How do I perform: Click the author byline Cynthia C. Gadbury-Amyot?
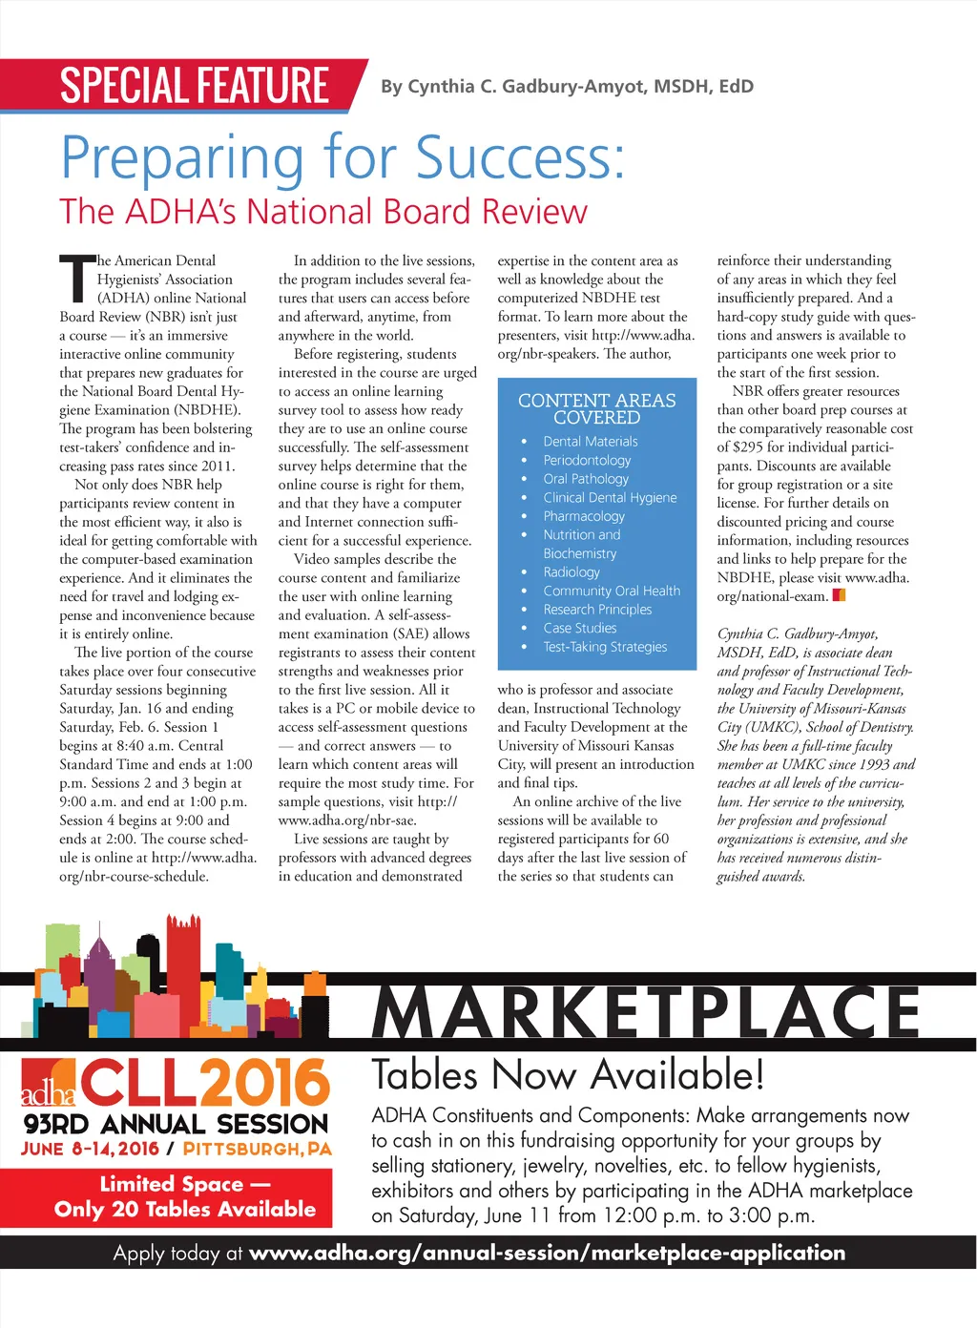tap(567, 87)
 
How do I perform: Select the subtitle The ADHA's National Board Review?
tap(323, 212)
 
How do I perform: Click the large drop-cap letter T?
tap(76, 282)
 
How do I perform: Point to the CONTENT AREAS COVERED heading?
tap(596, 408)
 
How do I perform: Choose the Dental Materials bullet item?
tap(591, 442)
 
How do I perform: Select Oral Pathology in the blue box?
tap(586, 479)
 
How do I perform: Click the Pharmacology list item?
tap(584, 516)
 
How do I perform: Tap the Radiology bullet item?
tap(572, 572)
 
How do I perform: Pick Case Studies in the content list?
tap(580, 628)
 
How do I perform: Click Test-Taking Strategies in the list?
tap(605, 647)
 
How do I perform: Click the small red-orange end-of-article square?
tap(839, 596)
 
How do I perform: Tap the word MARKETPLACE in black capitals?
tap(646, 1013)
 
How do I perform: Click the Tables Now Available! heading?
tap(568, 1075)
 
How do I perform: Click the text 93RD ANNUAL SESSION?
tap(177, 1124)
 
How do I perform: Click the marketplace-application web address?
tap(547, 1253)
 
